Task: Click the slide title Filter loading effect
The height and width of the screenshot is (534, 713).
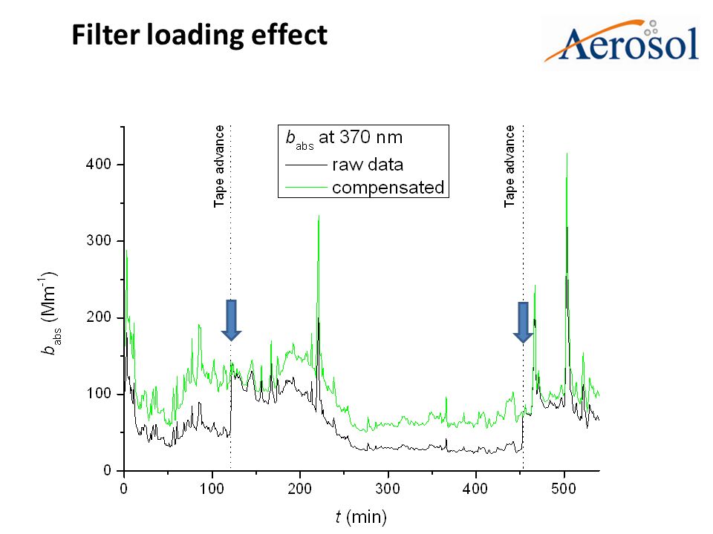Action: tap(199, 35)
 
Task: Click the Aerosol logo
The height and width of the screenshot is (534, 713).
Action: tap(622, 43)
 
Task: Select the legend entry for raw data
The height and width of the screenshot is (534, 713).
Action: tap(368, 164)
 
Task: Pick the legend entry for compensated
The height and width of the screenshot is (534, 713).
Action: tap(387, 188)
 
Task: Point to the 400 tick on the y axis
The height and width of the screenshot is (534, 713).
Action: tap(102, 164)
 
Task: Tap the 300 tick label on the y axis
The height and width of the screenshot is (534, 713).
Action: tap(102, 241)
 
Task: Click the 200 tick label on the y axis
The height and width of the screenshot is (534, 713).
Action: tap(102, 317)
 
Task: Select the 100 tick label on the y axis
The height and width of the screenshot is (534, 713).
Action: tap(102, 394)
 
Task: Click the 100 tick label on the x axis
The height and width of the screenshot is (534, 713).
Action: tap(212, 489)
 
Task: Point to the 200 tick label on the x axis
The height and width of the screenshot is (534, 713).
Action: tap(300, 489)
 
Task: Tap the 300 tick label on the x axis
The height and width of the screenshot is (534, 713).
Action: tap(388, 489)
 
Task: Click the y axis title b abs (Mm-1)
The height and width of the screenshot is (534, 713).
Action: tap(51, 311)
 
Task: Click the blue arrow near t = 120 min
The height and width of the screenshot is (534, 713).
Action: tap(231, 320)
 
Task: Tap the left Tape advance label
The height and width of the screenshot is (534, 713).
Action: tap(220, 166)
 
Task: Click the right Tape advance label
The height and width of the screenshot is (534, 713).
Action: tap(510, 166)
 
